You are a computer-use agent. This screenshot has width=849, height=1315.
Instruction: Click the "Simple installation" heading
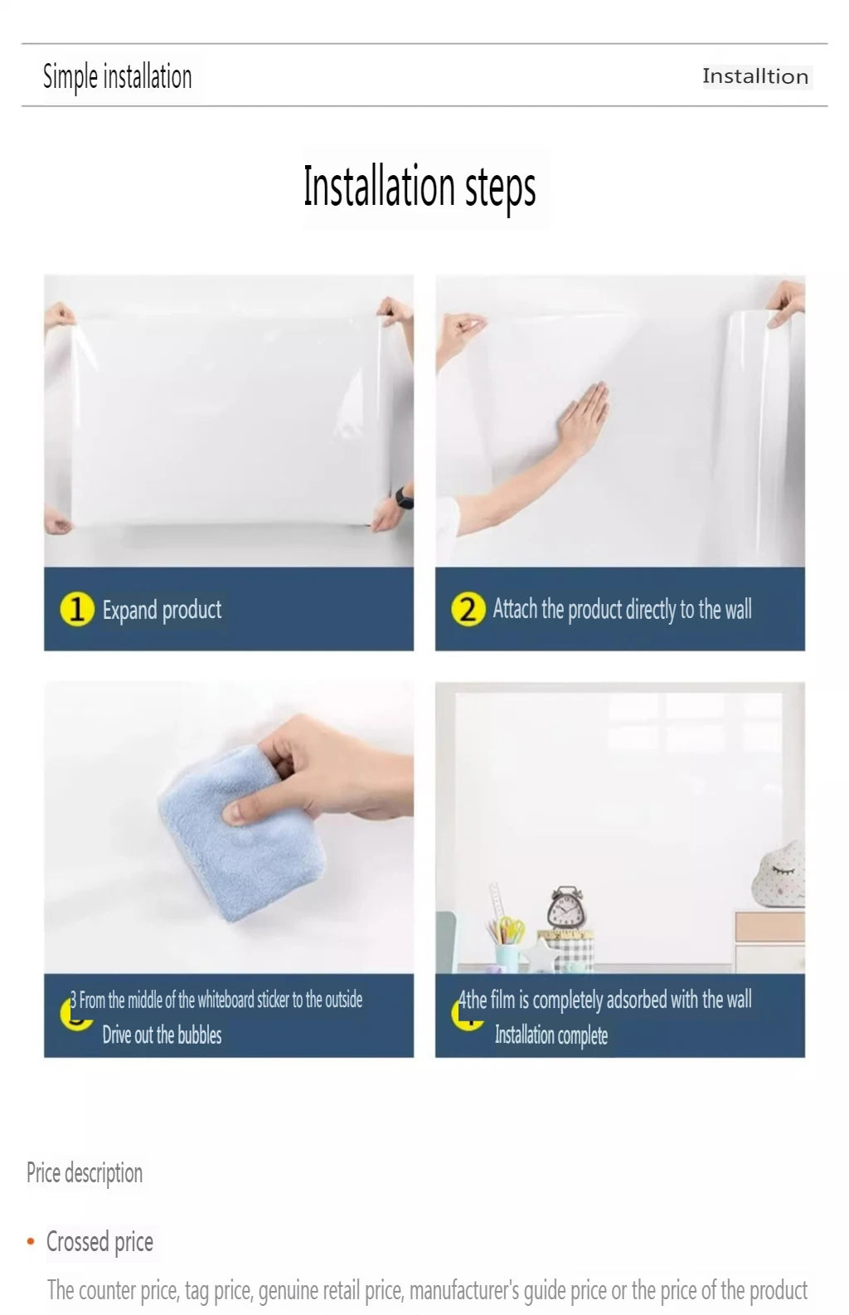(x=118, y=77)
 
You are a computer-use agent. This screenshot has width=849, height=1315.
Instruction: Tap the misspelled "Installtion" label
(x=755, y=76)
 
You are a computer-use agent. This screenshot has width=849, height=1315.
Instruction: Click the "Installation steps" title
(x=420, y=186)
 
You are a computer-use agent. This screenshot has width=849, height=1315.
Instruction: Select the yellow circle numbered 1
(x=77, y=609)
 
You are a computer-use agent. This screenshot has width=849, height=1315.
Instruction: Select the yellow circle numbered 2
(x=468, y=609)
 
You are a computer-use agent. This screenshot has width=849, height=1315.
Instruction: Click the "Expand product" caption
(x=162, y=610)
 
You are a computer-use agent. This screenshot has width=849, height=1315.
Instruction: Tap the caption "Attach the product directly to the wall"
(x=622, y=609)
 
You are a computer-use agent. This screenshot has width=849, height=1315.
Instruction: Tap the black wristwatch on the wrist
(x=405, y=498)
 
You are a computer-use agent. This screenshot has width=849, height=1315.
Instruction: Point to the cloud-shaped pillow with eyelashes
(x=779, y=874)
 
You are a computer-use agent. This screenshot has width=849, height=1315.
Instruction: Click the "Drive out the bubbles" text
(x=162, y=1035)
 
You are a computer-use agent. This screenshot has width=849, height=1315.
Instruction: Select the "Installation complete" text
(x=551, y=1035)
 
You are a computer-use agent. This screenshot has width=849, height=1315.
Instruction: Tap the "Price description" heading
(x=85, y=1172)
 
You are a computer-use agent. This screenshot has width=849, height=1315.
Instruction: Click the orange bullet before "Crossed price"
(x=31, y=1242)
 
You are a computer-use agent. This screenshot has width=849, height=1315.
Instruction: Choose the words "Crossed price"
(x=99, y=1242)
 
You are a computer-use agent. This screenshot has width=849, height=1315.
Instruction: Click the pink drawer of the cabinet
(x=769, y=927)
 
